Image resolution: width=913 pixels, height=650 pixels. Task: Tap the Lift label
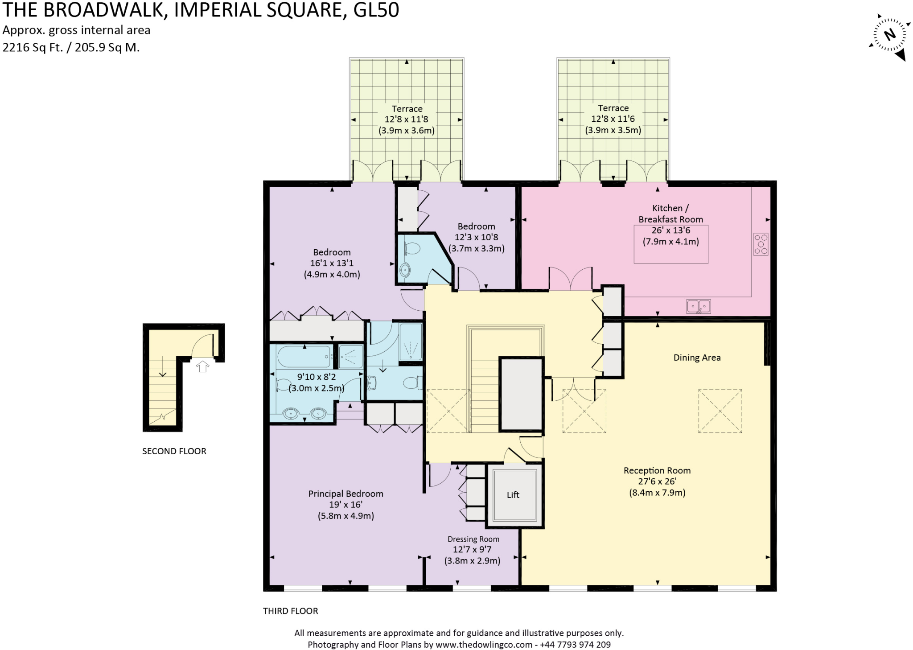tap(513, 494)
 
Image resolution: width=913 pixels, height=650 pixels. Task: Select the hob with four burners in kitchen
tap(761, 244)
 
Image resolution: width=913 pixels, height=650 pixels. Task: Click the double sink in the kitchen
tap(698, 306)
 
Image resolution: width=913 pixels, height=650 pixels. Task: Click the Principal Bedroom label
tap(345, 494)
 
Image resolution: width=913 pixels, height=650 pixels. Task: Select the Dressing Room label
tap(473, 539)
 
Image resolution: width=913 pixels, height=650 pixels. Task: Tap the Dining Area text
tap(696, 358)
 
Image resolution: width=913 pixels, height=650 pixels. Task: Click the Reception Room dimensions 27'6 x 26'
tap(657, 481)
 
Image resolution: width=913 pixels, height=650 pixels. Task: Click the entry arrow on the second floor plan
tap(203, 366)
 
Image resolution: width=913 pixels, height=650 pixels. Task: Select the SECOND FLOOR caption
tap(174, 451)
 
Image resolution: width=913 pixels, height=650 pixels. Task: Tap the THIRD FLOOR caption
tap(290, 611)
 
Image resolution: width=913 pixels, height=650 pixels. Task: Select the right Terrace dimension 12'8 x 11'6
tap(613, 119)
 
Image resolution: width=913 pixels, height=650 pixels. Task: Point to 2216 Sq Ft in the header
tap(32, 47)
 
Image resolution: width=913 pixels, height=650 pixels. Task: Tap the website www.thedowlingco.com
tap(484, 644)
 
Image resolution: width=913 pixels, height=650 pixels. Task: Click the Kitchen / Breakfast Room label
tap(670, 214)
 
